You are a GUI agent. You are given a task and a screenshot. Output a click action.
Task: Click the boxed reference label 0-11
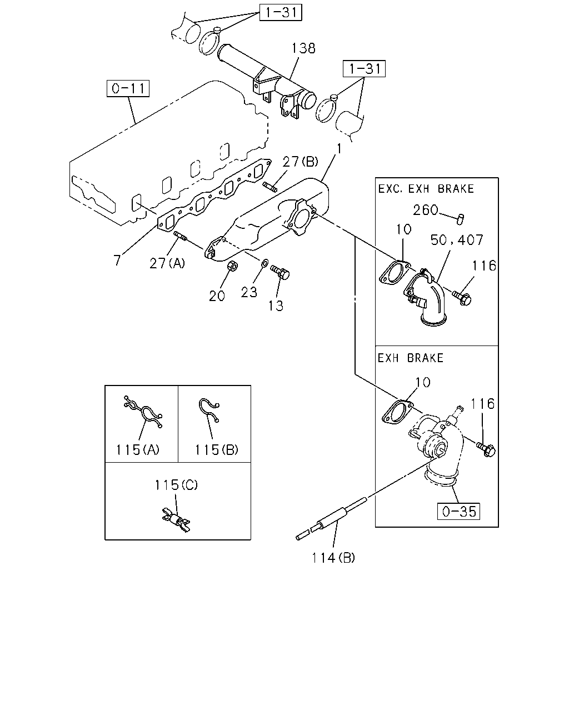coord(128,88)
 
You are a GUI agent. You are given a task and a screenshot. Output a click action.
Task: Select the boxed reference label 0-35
coord(458,512)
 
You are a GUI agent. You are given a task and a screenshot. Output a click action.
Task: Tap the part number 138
coord(303,48)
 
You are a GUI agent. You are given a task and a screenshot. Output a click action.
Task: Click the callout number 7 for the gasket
coord(117,260)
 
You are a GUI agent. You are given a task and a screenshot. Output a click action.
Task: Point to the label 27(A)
coord(167,263)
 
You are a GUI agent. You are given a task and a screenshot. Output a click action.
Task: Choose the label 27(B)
coord(300,162)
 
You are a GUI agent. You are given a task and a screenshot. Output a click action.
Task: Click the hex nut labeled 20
coord(233,266)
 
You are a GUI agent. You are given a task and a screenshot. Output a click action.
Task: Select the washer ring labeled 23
coord(265,263)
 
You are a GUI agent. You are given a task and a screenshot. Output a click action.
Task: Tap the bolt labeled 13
coord(279,272)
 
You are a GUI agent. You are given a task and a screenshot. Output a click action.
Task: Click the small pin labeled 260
coord(460,219)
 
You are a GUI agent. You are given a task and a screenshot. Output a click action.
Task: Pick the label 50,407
coord(457,240)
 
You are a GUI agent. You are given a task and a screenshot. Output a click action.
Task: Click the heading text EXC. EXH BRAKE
coord(426,189)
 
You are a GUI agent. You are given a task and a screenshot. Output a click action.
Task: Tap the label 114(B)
coord(333,558)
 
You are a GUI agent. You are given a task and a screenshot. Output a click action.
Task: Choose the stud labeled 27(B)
coord(270,186)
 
